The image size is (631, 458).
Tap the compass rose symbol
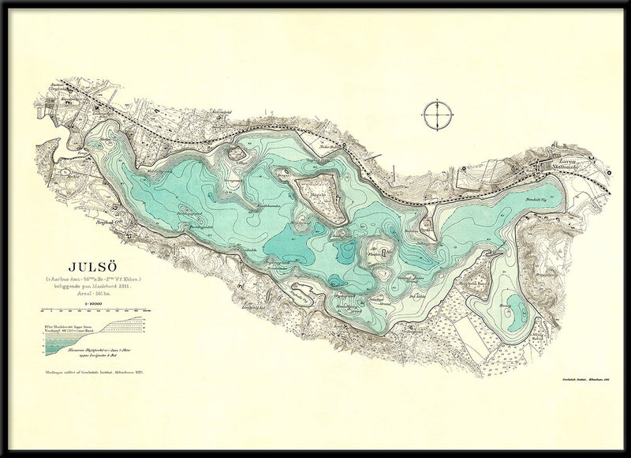435,114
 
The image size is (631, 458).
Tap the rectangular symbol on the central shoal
383,253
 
